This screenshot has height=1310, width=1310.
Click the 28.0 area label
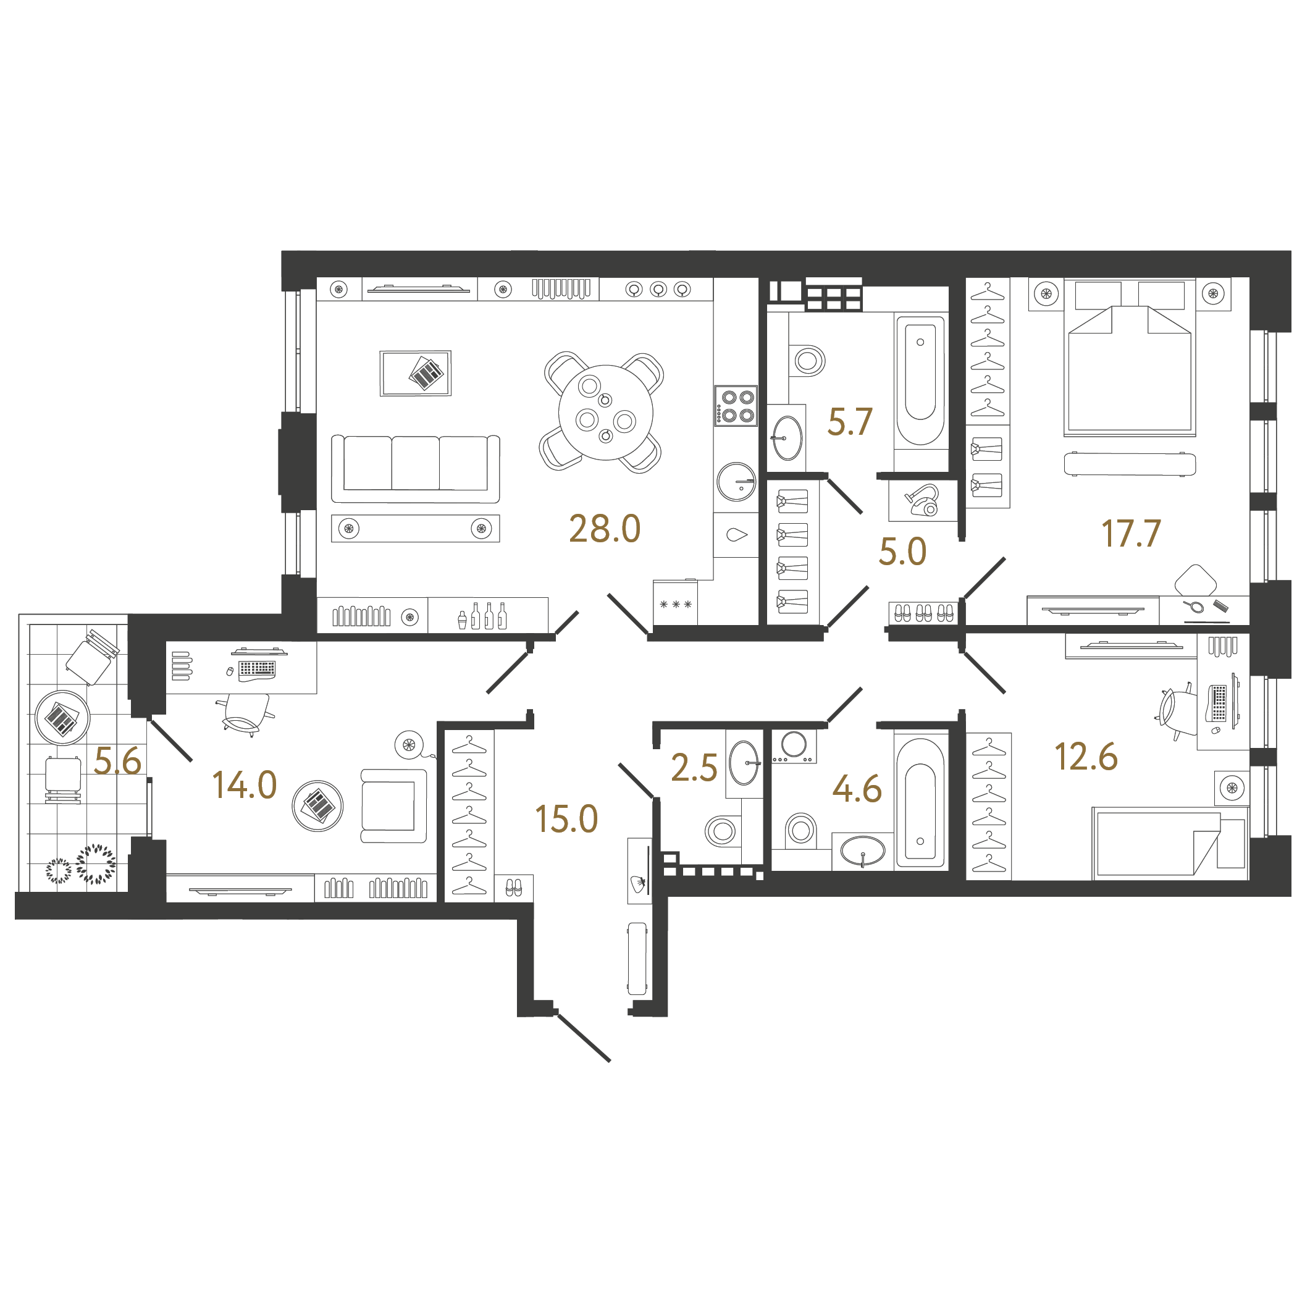tap(604, 529)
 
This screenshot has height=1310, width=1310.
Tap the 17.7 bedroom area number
tap(1130, 533)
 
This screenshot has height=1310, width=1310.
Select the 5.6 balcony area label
tap(117, 760)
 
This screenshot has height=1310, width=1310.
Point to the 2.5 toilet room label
tap(694, 768)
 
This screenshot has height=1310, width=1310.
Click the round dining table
tap(605, 412)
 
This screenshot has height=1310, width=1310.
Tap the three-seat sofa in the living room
tap(415, 468)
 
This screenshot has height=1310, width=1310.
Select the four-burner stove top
tap(736, 405)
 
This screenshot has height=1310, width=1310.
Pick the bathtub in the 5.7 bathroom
tap(920, 381)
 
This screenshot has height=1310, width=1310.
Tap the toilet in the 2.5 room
tap(721, 830)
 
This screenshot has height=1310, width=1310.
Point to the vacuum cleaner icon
tap(923, 500)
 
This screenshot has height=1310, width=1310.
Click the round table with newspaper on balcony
tap(62, 718)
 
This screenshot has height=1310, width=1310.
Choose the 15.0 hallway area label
tap(566, 818)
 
